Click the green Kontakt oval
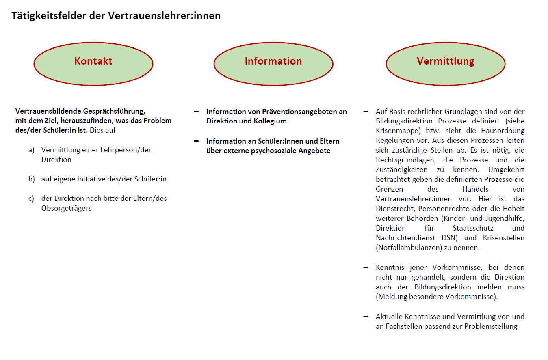click(x=93, y=64)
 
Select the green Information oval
click(x=273, y=64)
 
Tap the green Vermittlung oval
click(x=445, y=64)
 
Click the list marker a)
click(x=31, y=150)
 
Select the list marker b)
click(x=31, y=179)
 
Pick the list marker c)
click(x=31, y=198)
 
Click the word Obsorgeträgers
click(x=66, y=208)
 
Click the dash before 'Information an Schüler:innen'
click(x=197, y=141)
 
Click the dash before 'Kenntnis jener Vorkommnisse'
click(x=366, y=267)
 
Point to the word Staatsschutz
click(x=474, y=228)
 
